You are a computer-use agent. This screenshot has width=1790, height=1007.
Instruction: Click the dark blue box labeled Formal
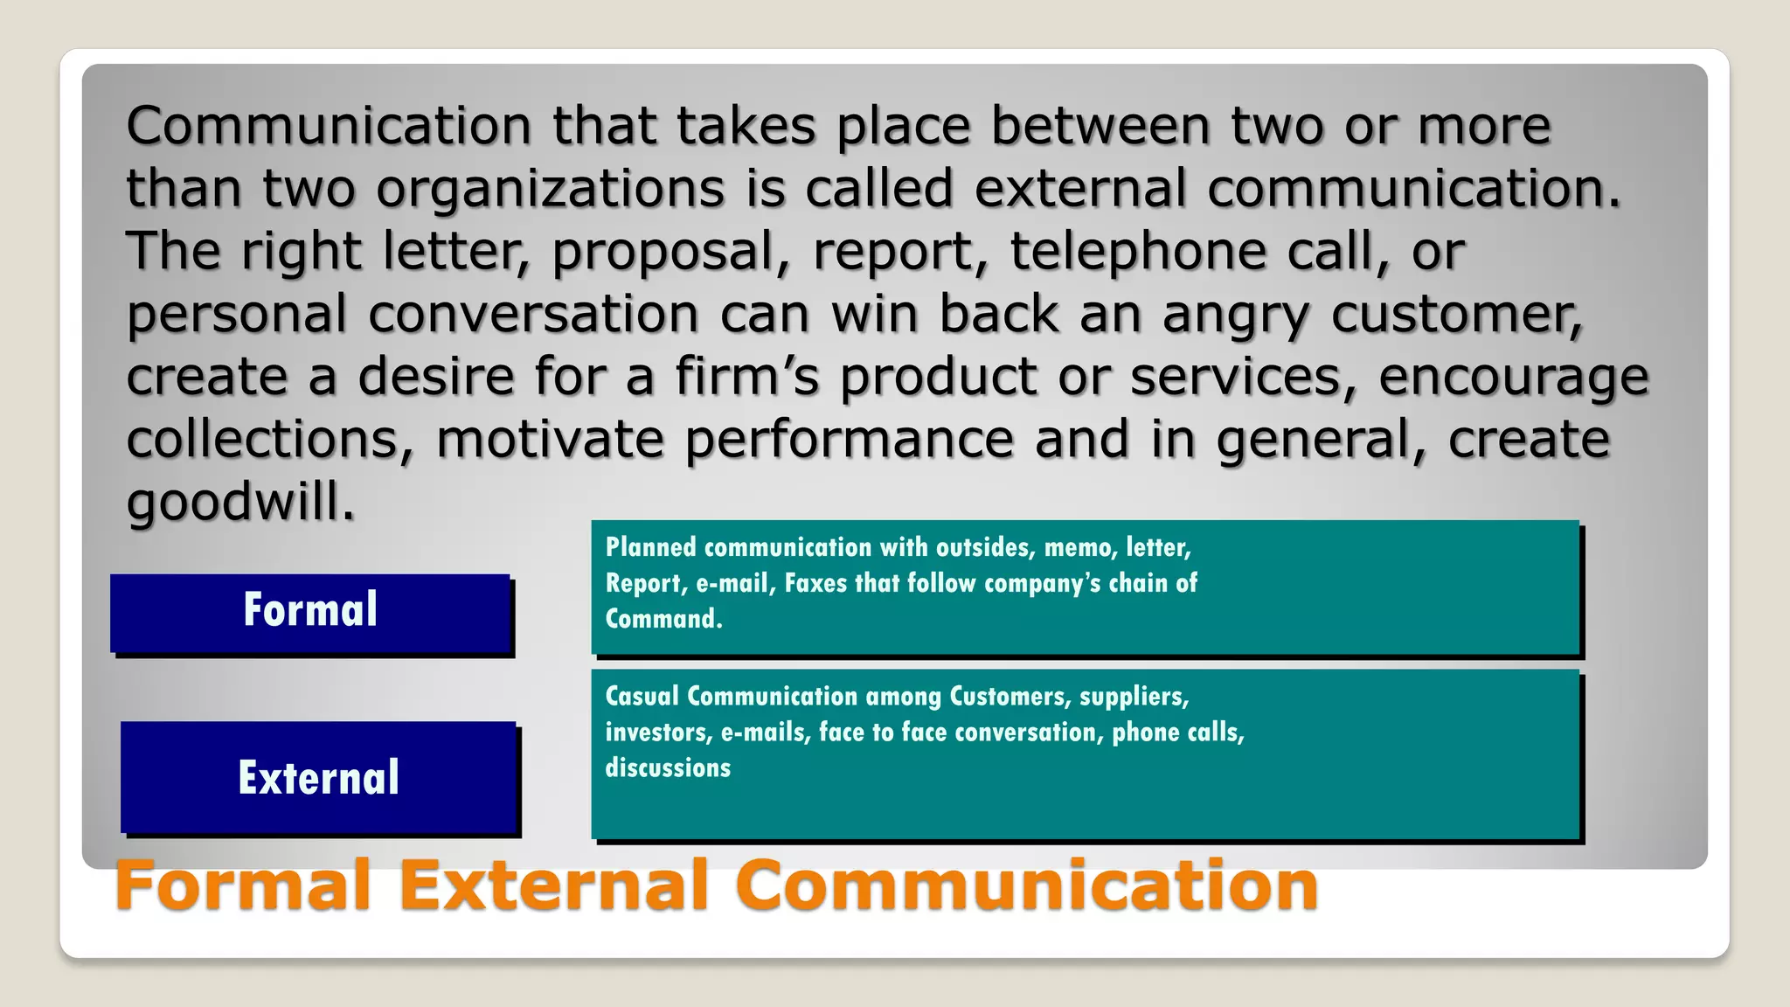310,613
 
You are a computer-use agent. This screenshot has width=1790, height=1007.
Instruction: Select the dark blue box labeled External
319,777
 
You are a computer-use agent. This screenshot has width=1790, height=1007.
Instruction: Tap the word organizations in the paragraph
550,189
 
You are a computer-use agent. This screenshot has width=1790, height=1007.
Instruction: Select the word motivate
550,439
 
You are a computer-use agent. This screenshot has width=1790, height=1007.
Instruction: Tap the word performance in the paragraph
849,439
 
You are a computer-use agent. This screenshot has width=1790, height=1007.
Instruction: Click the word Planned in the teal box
651,547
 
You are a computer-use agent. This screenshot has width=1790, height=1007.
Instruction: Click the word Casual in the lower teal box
642,696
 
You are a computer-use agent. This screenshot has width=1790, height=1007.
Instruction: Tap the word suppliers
1133,697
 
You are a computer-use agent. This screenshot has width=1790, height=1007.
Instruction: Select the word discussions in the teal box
668,767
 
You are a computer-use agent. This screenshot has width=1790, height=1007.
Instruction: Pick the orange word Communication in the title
1031,885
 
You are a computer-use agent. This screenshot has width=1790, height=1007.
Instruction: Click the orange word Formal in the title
243,885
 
